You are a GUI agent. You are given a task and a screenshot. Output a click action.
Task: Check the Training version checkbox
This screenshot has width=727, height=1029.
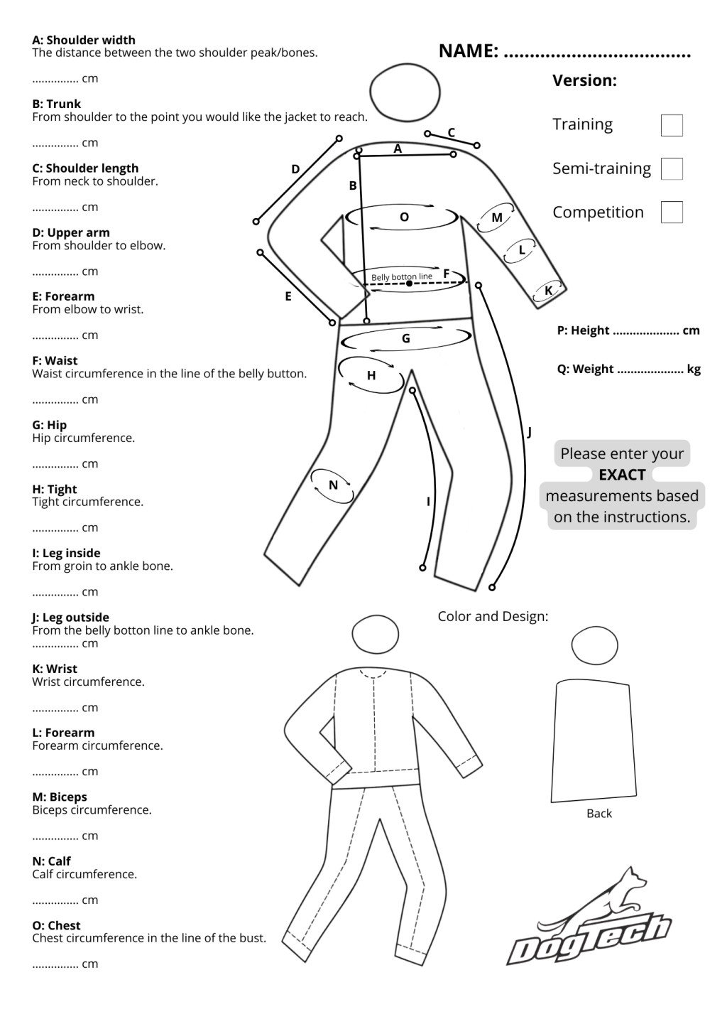(671, 125)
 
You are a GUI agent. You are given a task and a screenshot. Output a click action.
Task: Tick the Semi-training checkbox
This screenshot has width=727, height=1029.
(671, 168)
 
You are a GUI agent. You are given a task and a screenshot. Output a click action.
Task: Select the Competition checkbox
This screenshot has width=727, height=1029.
(671, 212)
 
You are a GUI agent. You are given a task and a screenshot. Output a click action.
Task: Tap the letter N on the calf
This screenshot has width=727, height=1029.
(333, 485)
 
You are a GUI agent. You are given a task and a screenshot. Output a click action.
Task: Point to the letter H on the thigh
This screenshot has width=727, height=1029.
(371, 375)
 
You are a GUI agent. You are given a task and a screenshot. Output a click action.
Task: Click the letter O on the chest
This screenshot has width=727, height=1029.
(404, 217)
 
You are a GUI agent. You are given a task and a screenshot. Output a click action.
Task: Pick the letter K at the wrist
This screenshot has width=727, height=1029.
(548, 291)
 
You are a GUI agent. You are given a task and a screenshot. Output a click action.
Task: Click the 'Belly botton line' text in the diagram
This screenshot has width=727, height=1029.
(401, 276)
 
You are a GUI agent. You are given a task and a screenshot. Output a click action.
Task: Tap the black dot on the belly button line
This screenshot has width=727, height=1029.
(410, 284)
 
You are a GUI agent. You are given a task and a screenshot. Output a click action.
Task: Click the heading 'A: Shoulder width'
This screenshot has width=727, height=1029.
(84, 40)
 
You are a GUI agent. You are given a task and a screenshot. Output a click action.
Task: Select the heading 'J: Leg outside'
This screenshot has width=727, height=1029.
(70, 617)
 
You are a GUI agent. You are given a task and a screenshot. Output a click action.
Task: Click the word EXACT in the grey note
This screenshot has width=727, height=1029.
(622, 475)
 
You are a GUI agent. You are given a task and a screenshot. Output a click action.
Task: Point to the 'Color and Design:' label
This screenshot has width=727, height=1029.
(493, 616)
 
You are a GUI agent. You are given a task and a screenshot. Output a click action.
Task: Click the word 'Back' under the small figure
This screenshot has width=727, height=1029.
(599, 813)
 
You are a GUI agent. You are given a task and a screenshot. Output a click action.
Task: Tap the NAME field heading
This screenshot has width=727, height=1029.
(468, 50)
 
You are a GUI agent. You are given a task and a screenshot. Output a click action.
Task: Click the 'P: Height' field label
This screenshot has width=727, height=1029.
(583, 330)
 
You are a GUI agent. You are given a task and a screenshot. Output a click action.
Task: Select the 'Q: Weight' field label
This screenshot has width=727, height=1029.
(585, 369)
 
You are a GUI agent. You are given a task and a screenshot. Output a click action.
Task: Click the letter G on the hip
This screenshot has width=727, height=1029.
(406, 338)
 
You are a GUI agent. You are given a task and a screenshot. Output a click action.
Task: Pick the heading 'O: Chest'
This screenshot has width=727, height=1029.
(56, 925)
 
